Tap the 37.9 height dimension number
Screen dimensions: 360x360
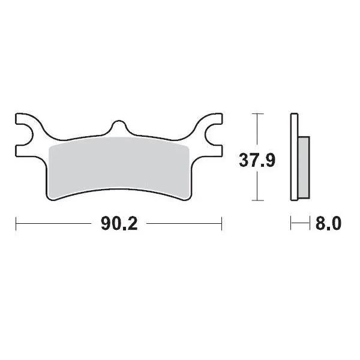tap(257, 161)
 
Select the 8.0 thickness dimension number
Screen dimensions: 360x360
tap(328, 225)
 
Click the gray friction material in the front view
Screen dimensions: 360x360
tap(119, 165)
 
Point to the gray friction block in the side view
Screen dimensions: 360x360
tap(304, 167)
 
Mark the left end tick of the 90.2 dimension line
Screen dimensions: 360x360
tap(16, 224)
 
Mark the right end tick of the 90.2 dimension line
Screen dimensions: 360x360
tap(222, 224)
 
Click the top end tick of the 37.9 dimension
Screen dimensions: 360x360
tap(257, 113)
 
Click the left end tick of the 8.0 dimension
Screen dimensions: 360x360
tap(291, 224)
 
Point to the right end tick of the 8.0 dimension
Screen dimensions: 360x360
tap(310, 224)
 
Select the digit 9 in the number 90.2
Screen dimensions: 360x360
tap(105, 225)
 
